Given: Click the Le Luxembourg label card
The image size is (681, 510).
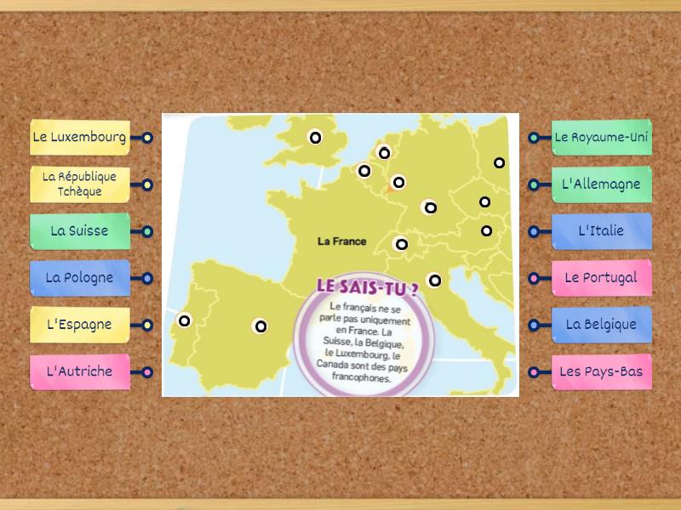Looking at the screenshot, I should pyautogui.click(x=79, y=137).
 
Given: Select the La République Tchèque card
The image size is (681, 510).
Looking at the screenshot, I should pyautogui.click(x=79, y=184).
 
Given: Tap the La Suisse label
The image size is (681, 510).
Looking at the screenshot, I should pyautogui.click(x=79, y=230).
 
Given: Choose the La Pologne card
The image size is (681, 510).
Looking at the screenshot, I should pyautogui.click(x=79, y=277).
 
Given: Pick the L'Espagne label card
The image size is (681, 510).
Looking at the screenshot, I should pyautogui.click(x=79, y=325).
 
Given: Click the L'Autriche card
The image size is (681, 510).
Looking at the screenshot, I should pyautogui.click(x=79, y=371).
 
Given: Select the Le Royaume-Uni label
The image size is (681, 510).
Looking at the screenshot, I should pyautogui.click(x=601, y=137).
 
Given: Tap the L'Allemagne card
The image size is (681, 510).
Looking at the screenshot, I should pyautogui.click(x=601, y=184).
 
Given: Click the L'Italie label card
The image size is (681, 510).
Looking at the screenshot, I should pyautogui.click(x=601, y=230).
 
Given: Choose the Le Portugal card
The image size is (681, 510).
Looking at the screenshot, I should pyautogui.click(x=601, y=277).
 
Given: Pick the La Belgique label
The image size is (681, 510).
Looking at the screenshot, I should pyautogui.click(x=601, y=325).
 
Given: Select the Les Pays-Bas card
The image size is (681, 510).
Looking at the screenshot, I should pyautogui.click(x=601, y=371).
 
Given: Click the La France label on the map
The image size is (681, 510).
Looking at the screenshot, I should pyautogui.click(x=341, y=241).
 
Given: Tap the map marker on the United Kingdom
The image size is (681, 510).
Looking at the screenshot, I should pyautogui.click(x=315, y=137).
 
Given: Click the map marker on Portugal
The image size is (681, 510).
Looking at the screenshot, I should pyautogui.click(x=184, y=320).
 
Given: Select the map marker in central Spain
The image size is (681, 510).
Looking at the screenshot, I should pyautogui.click(x=260, y=326).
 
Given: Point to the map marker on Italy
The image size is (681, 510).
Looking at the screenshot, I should pyautogui.click(x=434, y=280).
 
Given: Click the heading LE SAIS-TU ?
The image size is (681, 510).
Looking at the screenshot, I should pyautogui.click(x=367, y=286).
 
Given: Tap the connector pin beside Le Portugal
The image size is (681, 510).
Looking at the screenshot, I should pyautogui.click(x=534, y=278).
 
